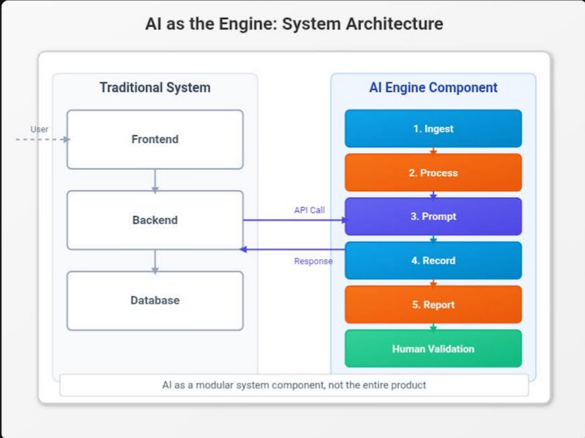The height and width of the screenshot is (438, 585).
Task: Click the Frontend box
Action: pyautogui.click(x=155, y=139)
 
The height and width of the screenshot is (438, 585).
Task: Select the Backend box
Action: pyautogui.click(x=155, y=220)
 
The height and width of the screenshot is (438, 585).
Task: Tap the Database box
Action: pyautogui.click(x=155, y=300)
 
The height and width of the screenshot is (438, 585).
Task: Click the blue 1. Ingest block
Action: pyautogui.click(x=433, y=128)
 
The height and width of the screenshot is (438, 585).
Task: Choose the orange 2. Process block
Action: pyautogui.click(x=433, y=172)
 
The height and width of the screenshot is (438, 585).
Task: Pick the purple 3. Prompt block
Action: pyautogui.click(x=433, y=217)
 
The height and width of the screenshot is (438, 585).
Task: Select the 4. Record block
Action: pyautogui.click(x=433, y=261)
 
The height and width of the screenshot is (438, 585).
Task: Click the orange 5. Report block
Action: pyautogui.click(x=433, y=304)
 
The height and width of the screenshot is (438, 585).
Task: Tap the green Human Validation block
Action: pyautogui.click(x=433, y=348)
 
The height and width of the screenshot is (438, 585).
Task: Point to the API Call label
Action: pyautogui.click(x=309, y=211)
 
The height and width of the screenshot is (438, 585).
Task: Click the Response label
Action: pyautogui.click(x=313, y=261)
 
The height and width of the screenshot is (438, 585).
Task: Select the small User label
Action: pyautogui.click(x=39, y=129)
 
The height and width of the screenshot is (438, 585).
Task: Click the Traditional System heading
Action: pyautogui.click(x=155, y=88)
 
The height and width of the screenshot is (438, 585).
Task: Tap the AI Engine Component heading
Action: pyautogui.click(x=433, y=88)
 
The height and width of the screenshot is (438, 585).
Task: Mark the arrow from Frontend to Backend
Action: pyautogui.click(x=155, y=180)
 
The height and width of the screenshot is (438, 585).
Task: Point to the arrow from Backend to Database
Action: pyautogui.click(x=155, y=261)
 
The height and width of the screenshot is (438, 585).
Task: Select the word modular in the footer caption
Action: pyautogui.click(x=217, y=385)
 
